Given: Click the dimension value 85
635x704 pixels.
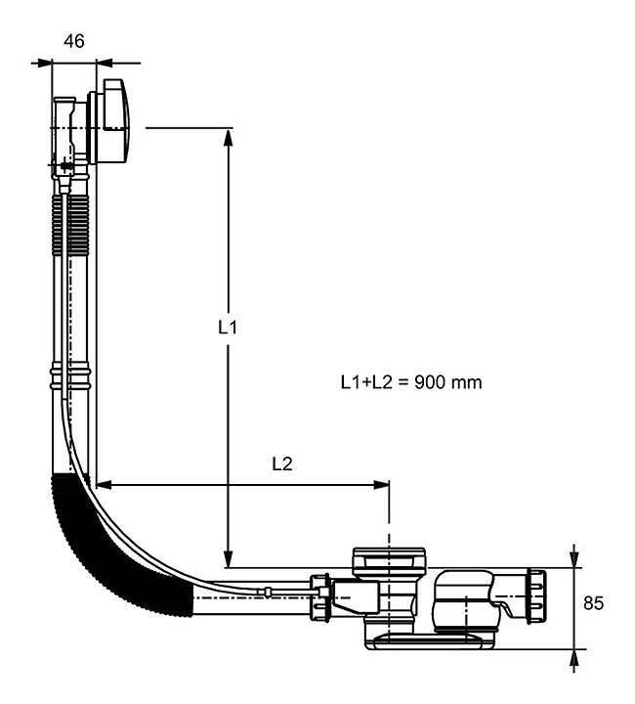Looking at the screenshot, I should pos(591,603).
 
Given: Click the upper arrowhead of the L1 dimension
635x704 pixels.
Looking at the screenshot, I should pos(228,137).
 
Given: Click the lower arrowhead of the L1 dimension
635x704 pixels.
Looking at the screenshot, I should pos(228,557).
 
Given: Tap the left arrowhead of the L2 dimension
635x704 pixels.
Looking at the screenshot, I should pos(106,482).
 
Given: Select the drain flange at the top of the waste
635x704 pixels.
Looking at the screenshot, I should pos(389,556).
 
